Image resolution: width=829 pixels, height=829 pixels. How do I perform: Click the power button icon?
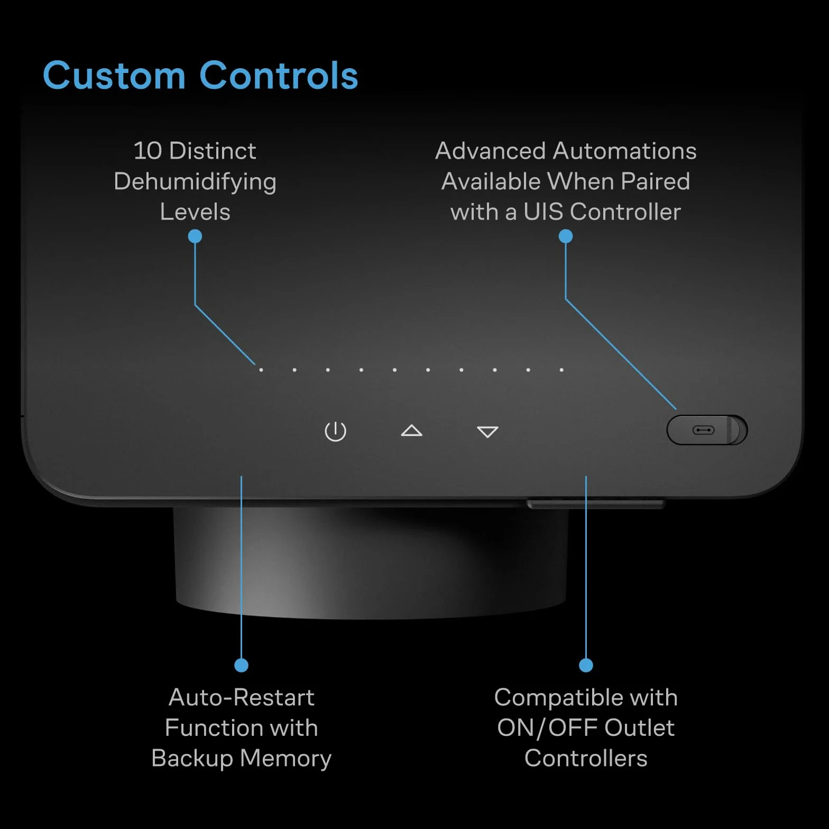(x=335, y=431)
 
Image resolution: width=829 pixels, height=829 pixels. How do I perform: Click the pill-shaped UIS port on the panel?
(x=707, y=430)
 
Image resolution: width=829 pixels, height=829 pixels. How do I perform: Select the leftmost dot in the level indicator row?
(x=261, y=370)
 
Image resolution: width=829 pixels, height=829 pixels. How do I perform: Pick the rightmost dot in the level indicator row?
(x=561, y=370)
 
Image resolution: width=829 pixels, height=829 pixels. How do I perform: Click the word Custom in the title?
(x=114, y=75)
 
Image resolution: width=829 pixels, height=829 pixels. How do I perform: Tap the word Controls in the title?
(x=279, y=75)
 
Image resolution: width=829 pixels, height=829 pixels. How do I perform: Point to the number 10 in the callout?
(x=148, y=151)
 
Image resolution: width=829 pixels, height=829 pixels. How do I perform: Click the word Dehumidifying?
(x=195, y=182)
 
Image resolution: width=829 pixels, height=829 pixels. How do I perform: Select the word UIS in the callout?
(x=543, y=212)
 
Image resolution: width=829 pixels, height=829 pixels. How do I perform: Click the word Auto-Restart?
(x=242, y=697)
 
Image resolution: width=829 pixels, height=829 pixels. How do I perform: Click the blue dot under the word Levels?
(x=195, y=236)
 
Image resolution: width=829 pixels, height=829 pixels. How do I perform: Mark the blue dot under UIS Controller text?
(x=566, y=236)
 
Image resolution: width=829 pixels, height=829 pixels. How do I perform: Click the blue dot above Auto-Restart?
(x=241, y=665)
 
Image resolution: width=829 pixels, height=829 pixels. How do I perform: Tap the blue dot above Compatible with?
(x=586, y=665)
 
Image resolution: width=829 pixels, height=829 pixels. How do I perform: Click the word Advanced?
(x=491, y=151)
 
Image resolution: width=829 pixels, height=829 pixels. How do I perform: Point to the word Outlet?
(x=640, y=728)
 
